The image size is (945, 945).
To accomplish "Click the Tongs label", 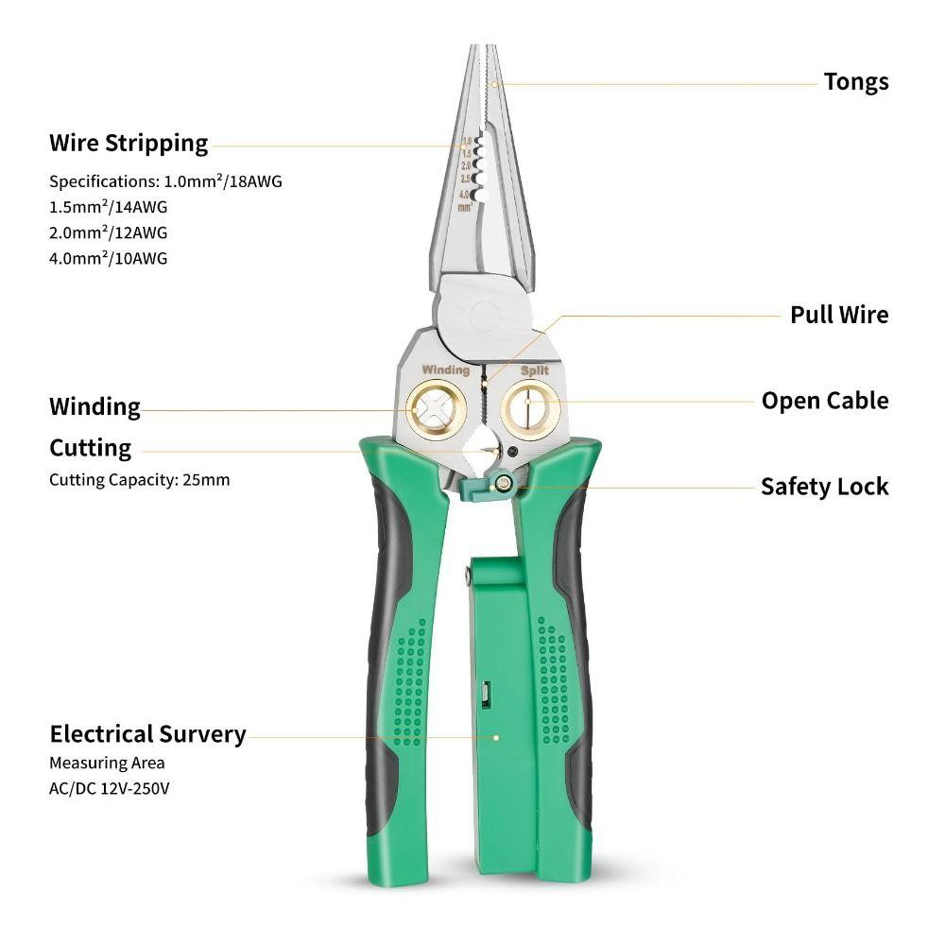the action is pos(855,82).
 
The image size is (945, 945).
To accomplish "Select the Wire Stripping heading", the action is pos(129,144).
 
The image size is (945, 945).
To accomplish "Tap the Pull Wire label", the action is pos(839,315).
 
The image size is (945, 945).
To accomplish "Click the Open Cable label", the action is pos(825,401).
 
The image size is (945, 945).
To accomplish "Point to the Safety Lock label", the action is pos(824,487).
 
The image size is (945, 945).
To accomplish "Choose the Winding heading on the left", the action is pos(94,407).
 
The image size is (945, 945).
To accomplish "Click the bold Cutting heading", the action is pos(90,448).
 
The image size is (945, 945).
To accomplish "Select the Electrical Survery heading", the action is pos(147,734).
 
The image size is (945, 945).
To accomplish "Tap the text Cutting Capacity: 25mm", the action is pos(139,480).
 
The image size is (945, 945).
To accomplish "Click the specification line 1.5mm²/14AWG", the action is pos(108,207).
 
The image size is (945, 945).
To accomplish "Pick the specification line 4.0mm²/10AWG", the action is pos(108,258).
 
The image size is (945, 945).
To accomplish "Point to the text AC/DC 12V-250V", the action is pos(109,787).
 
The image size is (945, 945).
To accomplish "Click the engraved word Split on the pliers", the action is pos(534,370).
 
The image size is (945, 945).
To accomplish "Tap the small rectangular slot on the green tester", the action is pos(484,696).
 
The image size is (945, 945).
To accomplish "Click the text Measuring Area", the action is pos(107,763).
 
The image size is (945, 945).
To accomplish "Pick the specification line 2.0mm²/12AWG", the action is pos(108,232).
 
